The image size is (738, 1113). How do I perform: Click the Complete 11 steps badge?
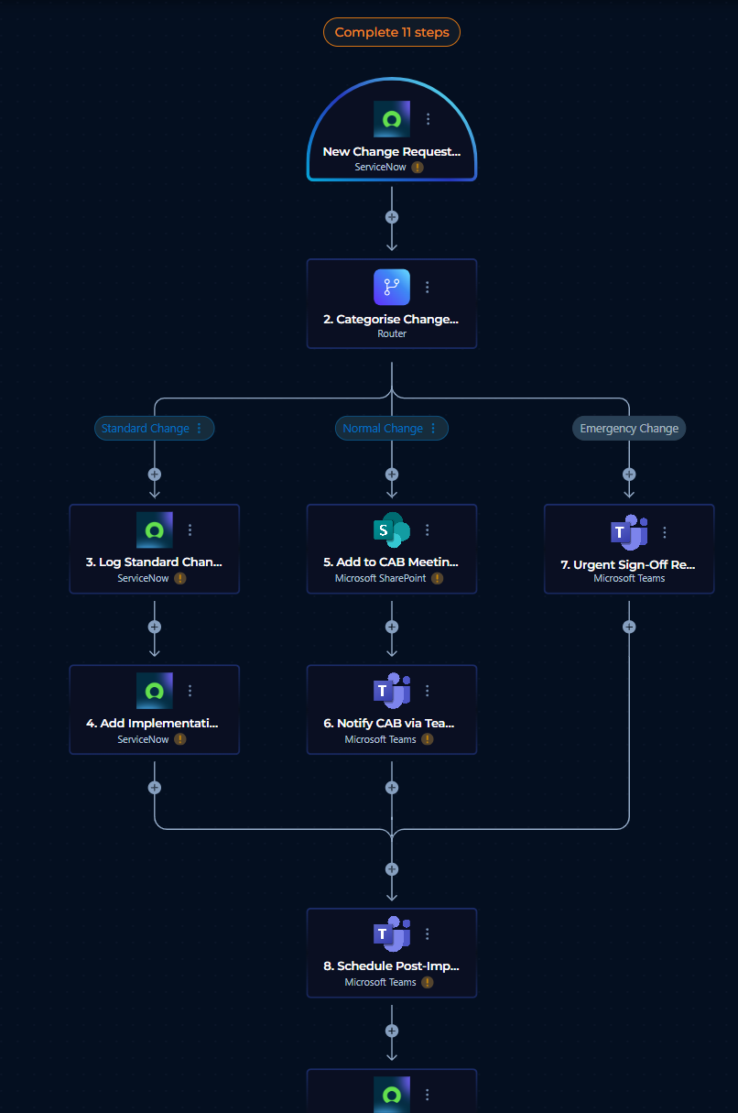tap(391, 32)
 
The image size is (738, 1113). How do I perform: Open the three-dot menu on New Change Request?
tap(428, 119)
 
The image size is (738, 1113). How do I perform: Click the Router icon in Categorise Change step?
tap(391, 288)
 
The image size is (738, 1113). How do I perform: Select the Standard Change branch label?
tap(145, 429)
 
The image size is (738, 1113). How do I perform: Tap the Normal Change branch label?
tap(383, 429)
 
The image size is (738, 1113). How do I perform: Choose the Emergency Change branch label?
tap(629, 429)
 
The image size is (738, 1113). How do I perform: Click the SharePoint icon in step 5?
tap(391, 529)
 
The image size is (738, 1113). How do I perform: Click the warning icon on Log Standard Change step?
tap(179, 578)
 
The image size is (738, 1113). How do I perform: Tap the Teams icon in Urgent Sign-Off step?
tap(629, 532)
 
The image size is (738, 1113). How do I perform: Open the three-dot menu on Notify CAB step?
tap(427, 691)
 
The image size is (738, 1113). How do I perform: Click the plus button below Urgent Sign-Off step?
tap(629, 627)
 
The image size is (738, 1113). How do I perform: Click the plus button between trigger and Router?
tap(391, 217)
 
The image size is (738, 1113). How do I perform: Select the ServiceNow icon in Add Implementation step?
tap(155, 691)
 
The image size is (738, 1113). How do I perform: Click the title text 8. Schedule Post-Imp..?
tap(391, 966)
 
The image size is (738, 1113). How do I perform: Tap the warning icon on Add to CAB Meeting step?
tap(437, 578)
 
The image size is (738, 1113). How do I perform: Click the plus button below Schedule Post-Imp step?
tap(391, 1031)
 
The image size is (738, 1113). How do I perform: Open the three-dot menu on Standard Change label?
tap(200, 429)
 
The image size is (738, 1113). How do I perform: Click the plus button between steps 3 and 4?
tap(155, 627)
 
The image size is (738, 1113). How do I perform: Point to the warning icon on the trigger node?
tap(418, 168)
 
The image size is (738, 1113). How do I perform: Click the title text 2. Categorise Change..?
tap(391, 319)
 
